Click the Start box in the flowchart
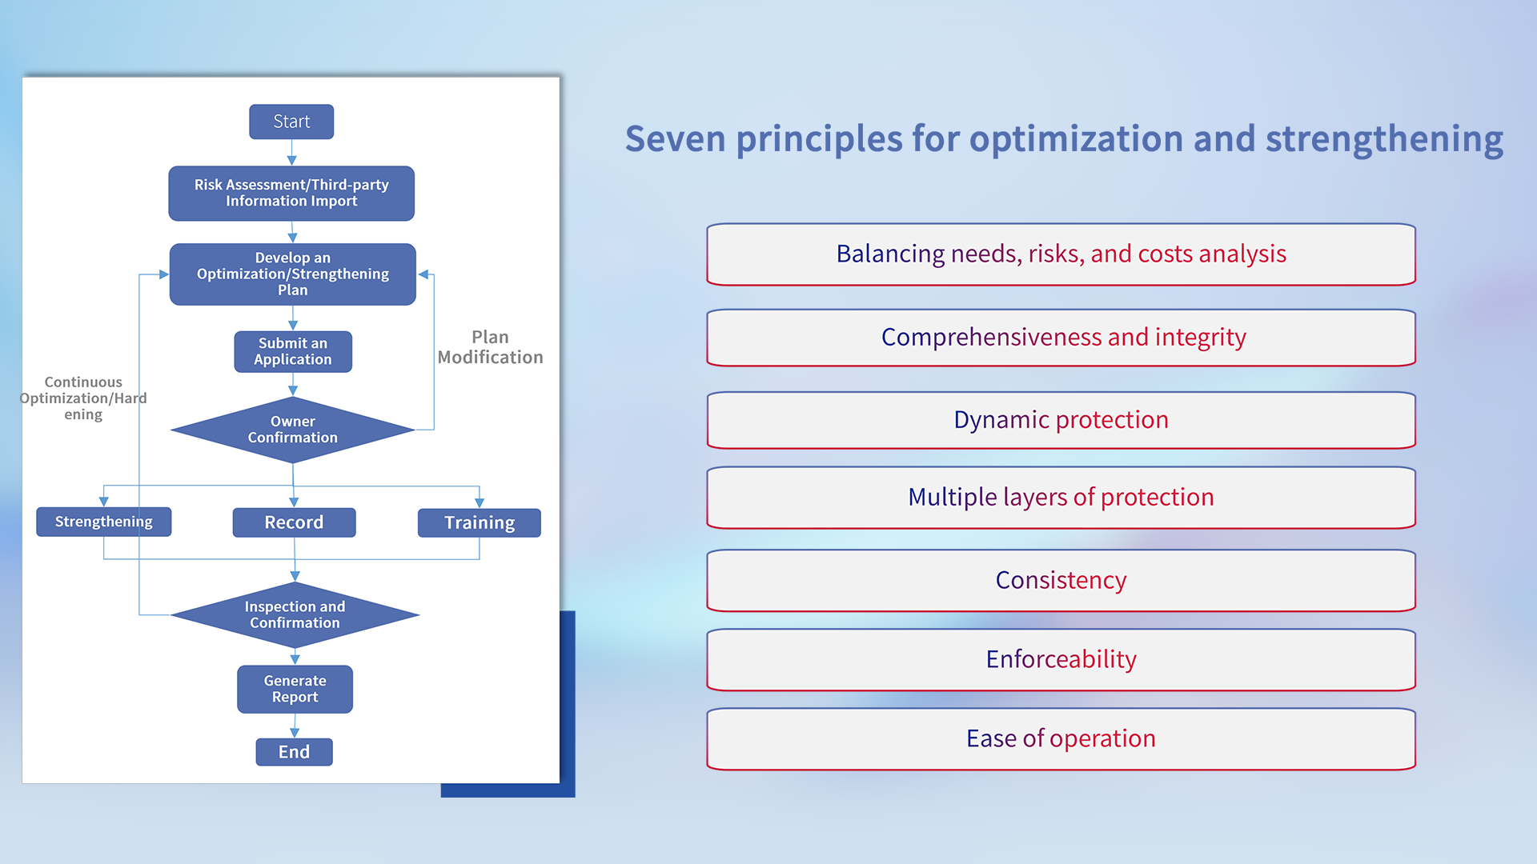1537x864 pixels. point(291,122)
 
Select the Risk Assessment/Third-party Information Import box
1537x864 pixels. point(291,193)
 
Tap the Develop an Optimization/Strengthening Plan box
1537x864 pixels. point(292,274)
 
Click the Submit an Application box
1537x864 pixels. point(293,351)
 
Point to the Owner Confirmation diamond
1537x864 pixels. point(293,430)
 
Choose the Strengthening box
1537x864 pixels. point(103,522)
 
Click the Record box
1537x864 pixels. point(294,522)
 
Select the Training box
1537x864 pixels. point(479,522)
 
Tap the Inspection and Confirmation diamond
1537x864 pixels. point(295,614)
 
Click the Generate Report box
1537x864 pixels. point(295,689)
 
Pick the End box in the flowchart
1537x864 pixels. point(294,752)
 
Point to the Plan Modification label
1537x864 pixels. point(490,347)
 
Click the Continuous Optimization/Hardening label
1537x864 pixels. point(83,398)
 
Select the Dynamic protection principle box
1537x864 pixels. point(1061,420)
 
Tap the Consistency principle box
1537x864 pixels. point(1061,580)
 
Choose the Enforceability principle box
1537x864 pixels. point(1061,659)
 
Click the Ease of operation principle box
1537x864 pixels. point(1061,738)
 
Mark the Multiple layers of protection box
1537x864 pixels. point(1061,498)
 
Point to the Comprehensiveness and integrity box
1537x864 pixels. point(1061,338)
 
